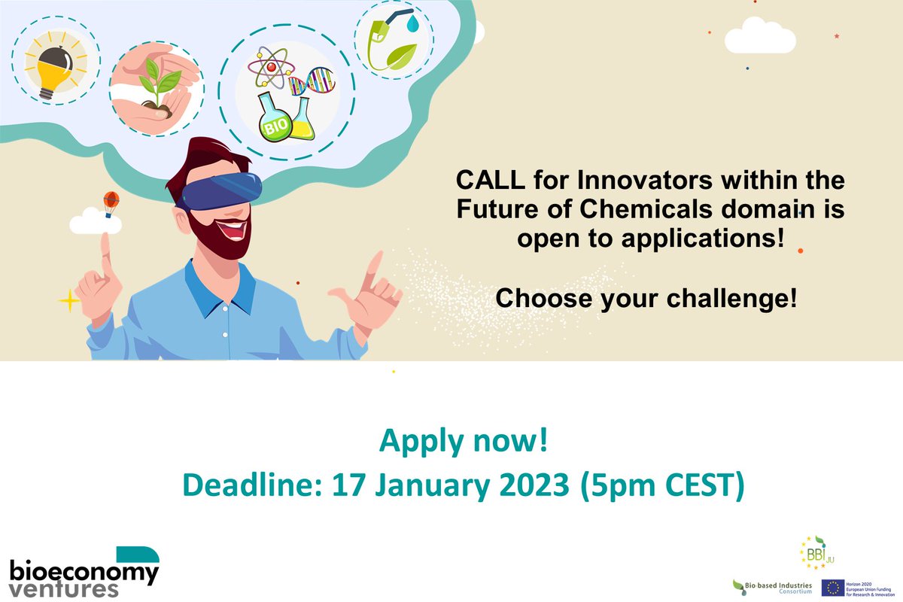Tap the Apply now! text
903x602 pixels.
[463, 442]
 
